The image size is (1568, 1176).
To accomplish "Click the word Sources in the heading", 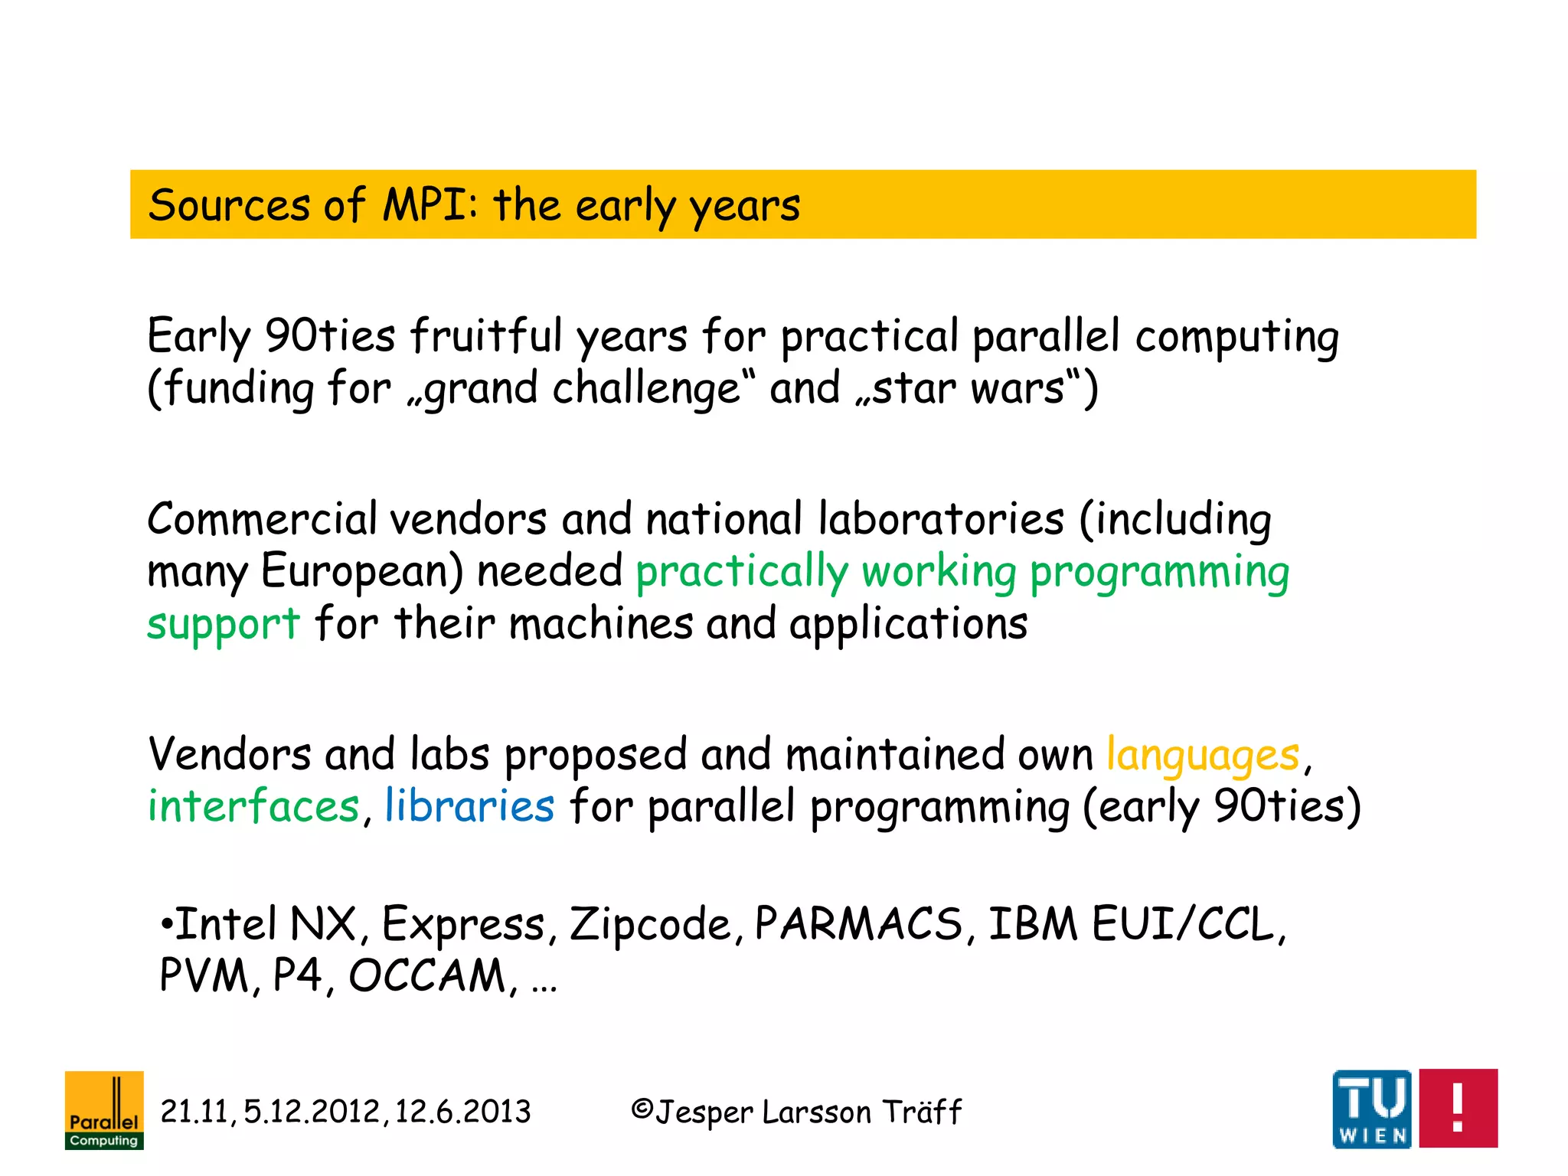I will [x=229, y=205].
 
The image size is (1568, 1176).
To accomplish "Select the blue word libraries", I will [x=469, y=806].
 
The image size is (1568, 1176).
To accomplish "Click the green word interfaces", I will [x=253, y=806].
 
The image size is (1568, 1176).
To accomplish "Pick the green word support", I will [x=223, y=624].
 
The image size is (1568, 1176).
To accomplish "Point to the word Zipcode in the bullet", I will [x=650, y=924].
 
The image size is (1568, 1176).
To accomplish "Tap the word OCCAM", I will [x=426, y=975].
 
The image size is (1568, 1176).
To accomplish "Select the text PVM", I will [x=204, y=975].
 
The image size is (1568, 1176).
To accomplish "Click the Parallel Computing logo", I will [x=104, y=1109].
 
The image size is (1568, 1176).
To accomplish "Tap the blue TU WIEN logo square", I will [x=1371, y=1109].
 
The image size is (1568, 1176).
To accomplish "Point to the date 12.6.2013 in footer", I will [x=462, y=1112].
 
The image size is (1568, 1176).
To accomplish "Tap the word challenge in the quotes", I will [x=645, y=388].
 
